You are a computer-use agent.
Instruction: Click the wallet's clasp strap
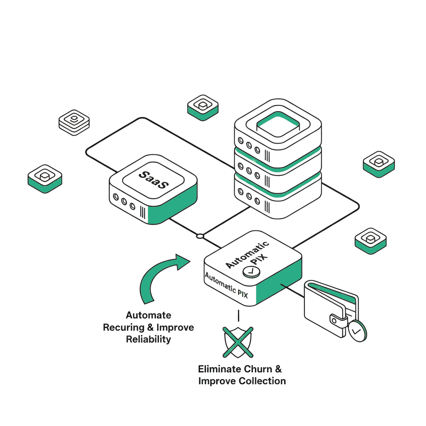338,319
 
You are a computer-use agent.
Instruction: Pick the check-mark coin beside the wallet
357,331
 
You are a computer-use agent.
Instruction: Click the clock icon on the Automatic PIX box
251,271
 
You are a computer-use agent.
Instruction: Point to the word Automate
149,315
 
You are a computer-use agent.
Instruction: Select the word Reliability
149,339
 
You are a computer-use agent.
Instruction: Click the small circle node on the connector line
200,236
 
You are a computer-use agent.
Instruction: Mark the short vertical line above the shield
238,315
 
